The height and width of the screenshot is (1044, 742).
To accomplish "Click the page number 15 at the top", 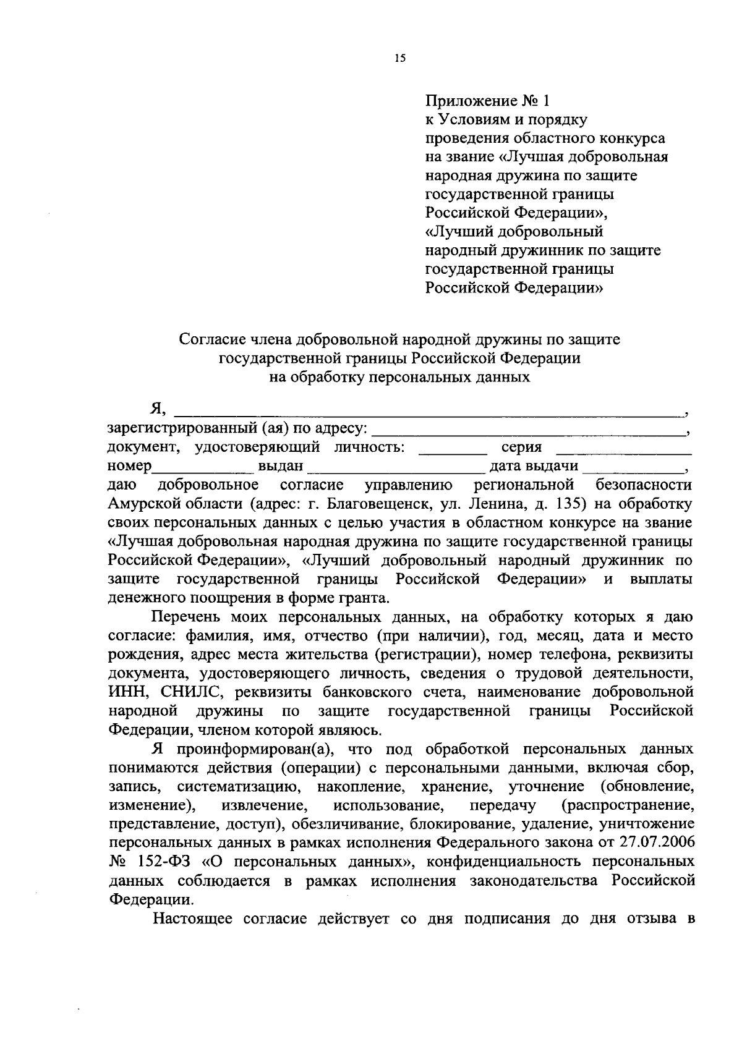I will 399,59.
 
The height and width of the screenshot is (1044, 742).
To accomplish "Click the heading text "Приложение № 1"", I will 487,100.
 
